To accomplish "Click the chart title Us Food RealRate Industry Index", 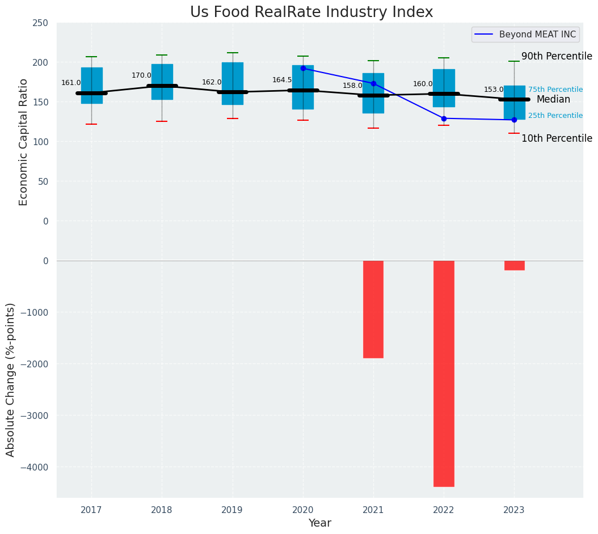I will click(x=311, y=12).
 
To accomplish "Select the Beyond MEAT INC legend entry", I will click(x=537, y=35).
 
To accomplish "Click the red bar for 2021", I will click(x=373, y=309).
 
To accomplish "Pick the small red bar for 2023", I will click(x=514, y=265).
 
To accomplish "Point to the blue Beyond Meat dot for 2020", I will click(x=303, y=68).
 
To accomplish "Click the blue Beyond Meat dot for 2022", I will click(x=444, y=118).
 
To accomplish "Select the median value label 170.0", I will click(x=141, y=75).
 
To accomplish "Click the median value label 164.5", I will click(x=282, y=80).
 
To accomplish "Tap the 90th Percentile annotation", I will click(x=557, y=57).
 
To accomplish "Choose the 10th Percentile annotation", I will click(x=557, y=138).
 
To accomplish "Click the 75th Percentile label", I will click(x=555, y=90).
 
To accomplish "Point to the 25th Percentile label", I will click(x=555, y=116).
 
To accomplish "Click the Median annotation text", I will click(x=553, y=100).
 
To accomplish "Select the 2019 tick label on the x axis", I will click(x=232, y=510).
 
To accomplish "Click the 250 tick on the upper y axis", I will click(x=40, y=23).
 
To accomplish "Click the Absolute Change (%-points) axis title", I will click(x=11, y=379).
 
